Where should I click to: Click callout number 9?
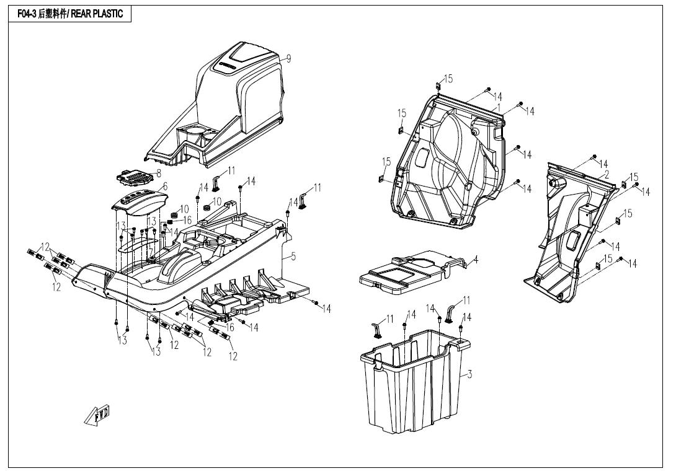pos(288,58)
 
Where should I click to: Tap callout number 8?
pos(158,174)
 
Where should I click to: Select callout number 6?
pos(165,187)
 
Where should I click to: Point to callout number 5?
pos(293,255)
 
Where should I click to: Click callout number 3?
pos(469,374)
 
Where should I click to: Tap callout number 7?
pos(151,250)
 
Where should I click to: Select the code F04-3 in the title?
pos(27,14)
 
